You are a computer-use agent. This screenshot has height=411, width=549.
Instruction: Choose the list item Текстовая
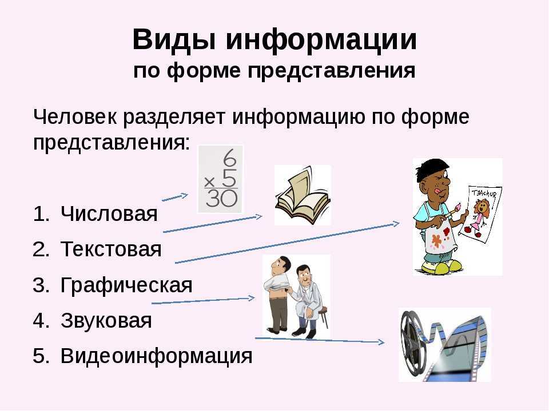click(x=111, y=249)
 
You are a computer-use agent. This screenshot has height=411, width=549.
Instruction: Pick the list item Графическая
click(x=126, y=285)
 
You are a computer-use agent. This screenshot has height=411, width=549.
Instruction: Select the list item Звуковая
click(x=106, y=320)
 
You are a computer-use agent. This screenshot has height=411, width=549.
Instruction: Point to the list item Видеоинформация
click(x=156, y=356)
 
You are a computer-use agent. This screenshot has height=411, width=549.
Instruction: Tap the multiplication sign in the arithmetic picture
click(x=209, y=182)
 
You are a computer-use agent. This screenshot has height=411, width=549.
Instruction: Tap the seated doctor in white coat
click(x=303, y=297)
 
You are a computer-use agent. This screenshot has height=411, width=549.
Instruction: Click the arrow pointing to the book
click(x=212, y=224)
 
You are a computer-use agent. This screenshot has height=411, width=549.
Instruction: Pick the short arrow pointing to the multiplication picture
click(x=175, y=197)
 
